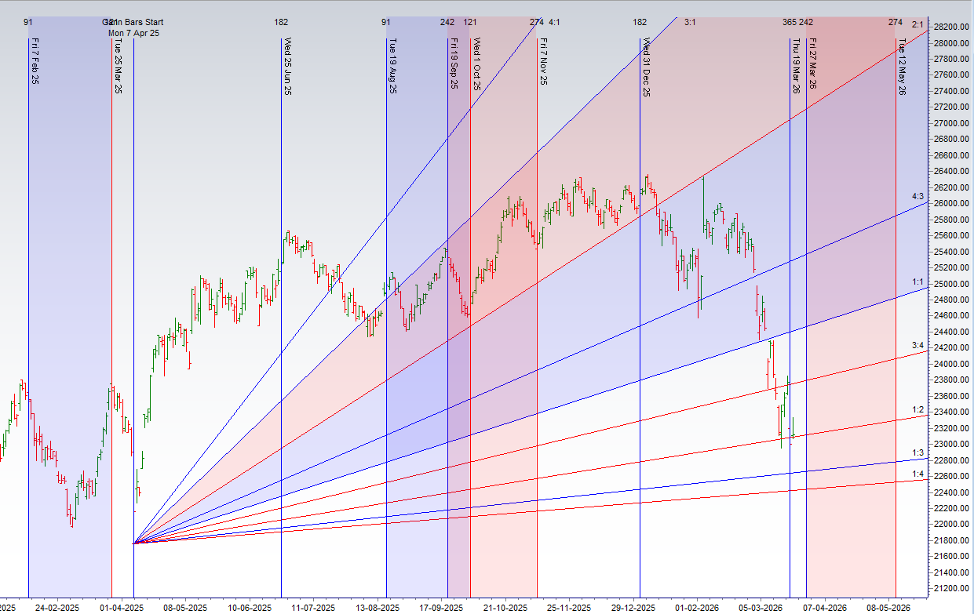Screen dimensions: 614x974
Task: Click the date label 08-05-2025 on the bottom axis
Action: (184, 608)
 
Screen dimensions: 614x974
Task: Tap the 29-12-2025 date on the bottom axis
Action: (633, 608)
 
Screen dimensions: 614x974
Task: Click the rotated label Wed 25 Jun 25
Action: (288, 67)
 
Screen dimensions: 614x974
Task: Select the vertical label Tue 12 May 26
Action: (903, 67)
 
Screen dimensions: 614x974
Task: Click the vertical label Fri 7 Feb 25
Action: (35, 62)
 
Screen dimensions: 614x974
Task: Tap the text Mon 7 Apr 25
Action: (135, 33)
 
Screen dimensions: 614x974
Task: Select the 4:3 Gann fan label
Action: (917, 195)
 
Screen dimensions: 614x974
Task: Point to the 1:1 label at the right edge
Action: (917, 282)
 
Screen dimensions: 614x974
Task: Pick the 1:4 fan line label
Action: (917, 474)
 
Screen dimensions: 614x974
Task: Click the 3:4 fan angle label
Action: (917, 346)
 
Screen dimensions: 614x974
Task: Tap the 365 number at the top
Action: (789, 23)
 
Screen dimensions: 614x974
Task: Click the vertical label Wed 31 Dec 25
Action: (646, 67)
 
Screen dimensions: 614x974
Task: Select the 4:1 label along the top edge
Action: (554, 23)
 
